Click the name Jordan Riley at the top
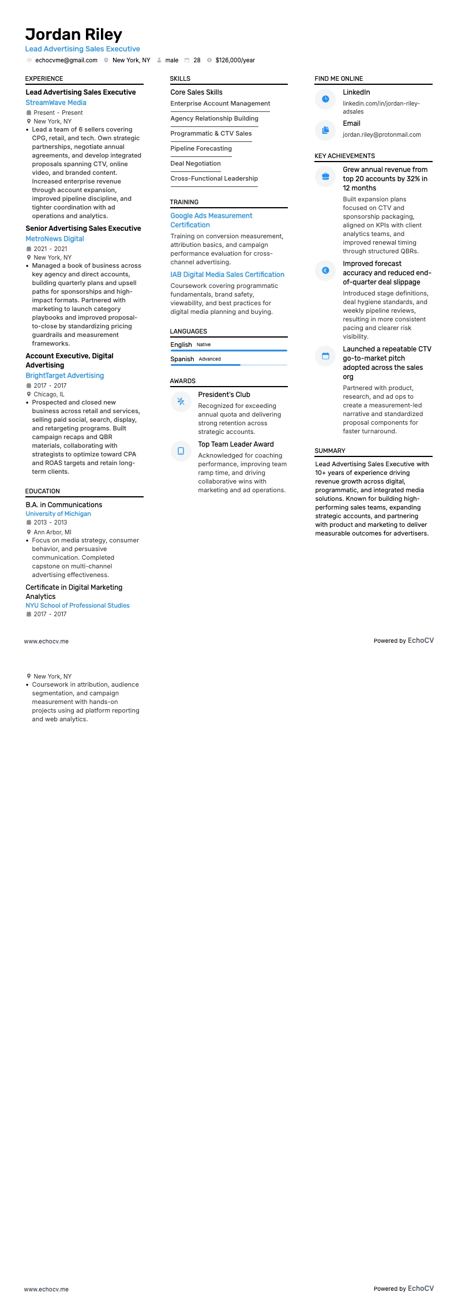pyautogui.click(x=73, y=35)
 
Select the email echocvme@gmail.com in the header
pyautogui.click(x=66, y=60)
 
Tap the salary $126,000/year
pyautogui.click(x=235, y=60)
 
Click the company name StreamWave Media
pyautogui.click(x=56, y=103)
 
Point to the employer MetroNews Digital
pyautogui.click(x=55, y=239)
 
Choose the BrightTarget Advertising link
pyautogui.click(x=65, y=376)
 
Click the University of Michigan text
pyautogui.click(x=58, y=514)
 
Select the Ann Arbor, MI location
pyautogui.click(x=52, y=532)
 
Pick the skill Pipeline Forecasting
pyautogui.click(x=201, y=148)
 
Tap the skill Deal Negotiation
pyautogui.click(x=196, y=163)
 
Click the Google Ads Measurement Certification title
pyautogui.click(x=211, y=220)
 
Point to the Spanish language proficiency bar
pyautogui.click(x=228, y=365)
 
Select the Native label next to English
pyautogui.click(x=204, y=344)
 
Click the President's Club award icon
pyautogui.click(x=181, y=401)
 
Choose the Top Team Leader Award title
pyautogui.click(x=236, y=444)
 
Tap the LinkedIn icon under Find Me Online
pyautogui.click(x=325, y=99)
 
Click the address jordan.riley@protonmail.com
pyautogui.click(x=382, y=134)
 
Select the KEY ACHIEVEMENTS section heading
pyautogui.click(x=344, y=156)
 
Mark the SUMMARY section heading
pyautogui.click(x=330, y=451)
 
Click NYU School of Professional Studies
pyautogui.click(x=77, y=605)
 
